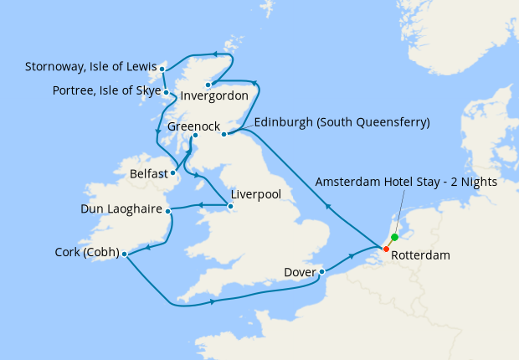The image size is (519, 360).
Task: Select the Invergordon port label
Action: (x=214, y=95)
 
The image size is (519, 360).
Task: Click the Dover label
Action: (x=300, y=271)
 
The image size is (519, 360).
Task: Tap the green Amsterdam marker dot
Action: (x=394, y=237)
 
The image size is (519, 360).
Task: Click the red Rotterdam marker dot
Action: (x=386, y=249)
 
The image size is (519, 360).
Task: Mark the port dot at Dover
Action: (x=322, y=271)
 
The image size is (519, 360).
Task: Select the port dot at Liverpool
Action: (x=230, y=206)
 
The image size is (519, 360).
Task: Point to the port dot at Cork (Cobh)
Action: (x=123, y=254)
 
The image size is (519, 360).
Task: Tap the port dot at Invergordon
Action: (x=208, y=84)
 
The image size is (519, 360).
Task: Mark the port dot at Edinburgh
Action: (x=224, y=134)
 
